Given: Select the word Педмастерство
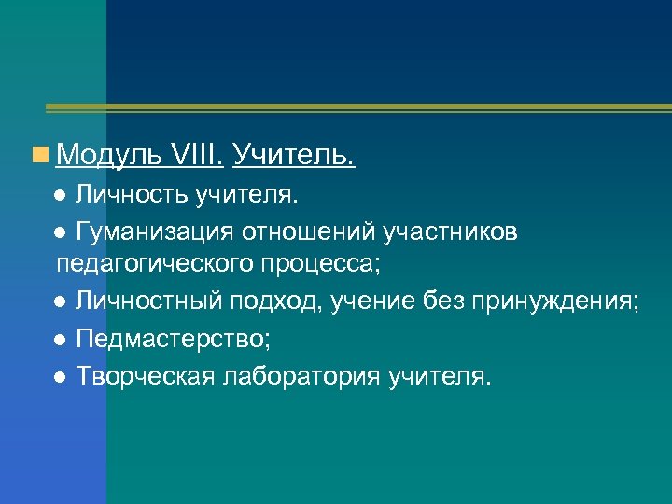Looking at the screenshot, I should (167, 337).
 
